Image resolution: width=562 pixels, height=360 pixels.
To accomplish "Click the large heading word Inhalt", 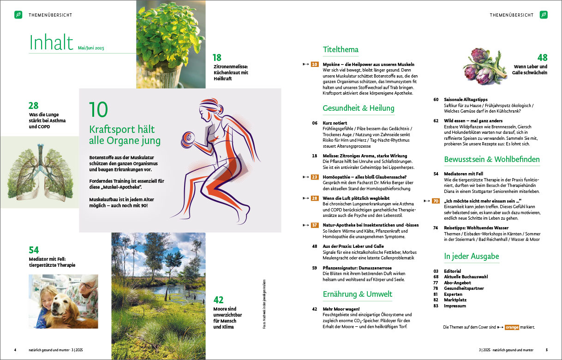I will click(51, 42).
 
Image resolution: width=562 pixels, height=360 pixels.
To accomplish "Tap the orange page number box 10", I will click(315, 65).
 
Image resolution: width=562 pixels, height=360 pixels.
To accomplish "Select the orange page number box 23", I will click(315, 177).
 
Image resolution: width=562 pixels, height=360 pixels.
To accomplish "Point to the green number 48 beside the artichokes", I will click(542, 58).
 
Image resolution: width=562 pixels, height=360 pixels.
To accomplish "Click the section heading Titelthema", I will click(341, 50).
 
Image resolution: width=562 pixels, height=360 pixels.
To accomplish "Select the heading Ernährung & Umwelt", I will click(358, 294).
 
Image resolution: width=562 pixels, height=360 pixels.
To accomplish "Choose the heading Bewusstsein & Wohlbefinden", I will click(492, 160).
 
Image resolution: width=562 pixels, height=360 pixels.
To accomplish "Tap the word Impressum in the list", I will click(456, 306).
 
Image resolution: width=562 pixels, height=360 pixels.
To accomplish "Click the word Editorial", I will click(453, 271).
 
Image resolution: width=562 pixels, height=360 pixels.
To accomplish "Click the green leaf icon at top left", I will click(18, 15).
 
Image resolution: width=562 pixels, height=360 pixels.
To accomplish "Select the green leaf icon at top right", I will click(544, 15).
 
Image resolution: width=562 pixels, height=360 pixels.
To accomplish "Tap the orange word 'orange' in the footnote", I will click(512, 327).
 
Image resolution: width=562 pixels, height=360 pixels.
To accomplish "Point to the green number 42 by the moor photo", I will click(218, 300).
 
